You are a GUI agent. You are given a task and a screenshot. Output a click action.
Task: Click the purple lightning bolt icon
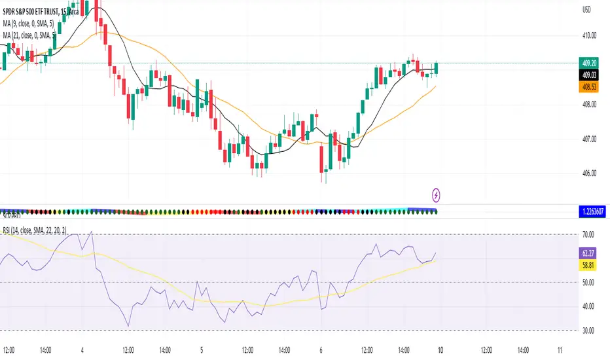coord(437,194)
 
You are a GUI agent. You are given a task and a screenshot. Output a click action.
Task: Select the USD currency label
coord(586,10)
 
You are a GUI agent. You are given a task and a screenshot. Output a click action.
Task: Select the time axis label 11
coord(558,349)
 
